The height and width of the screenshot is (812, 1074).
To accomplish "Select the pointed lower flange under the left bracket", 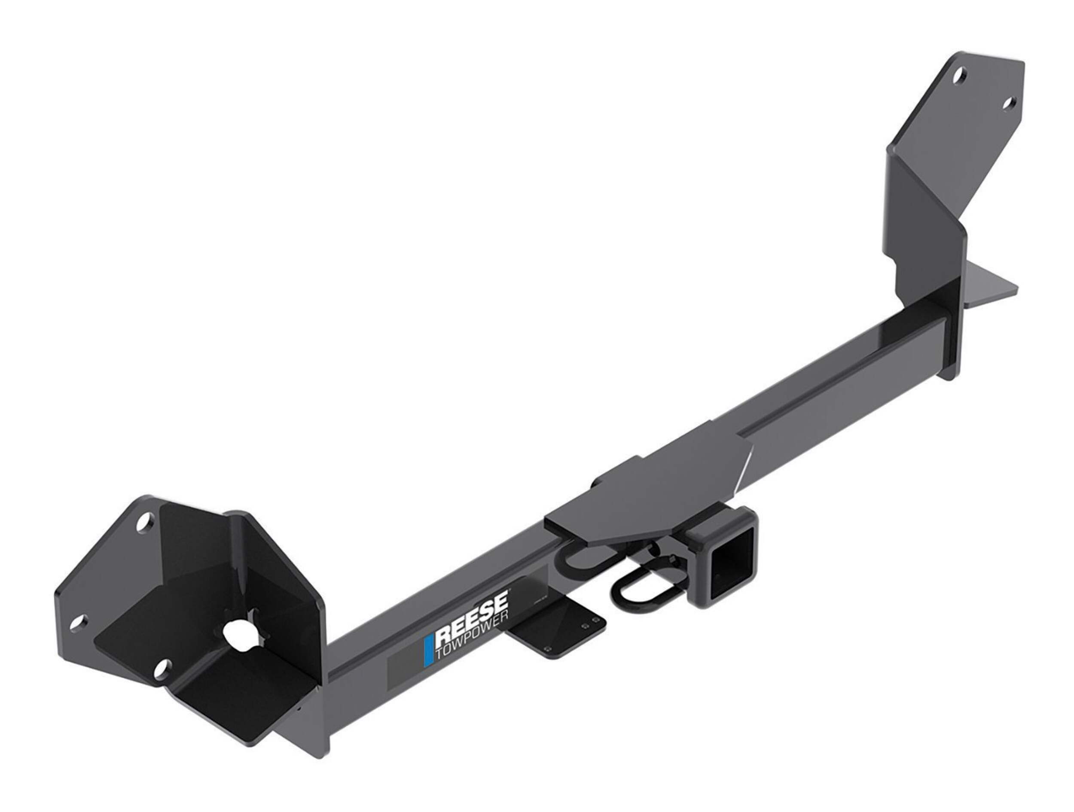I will point(301,728).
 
